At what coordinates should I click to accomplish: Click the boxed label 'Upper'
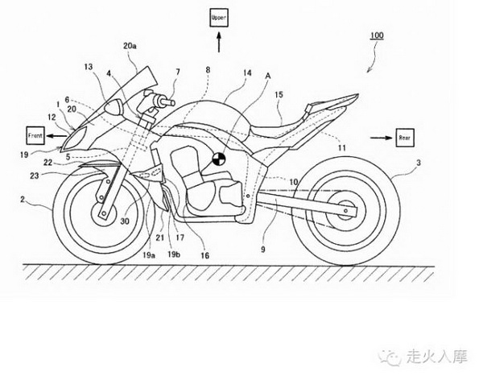pos(219,18)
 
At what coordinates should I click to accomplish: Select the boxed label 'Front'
pos(35,135)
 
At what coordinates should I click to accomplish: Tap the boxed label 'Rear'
pos(404,138)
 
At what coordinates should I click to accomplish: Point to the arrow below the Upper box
pos(219,42)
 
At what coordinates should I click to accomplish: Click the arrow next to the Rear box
pos(382,138)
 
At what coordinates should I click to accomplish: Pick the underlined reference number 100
pos(377,35)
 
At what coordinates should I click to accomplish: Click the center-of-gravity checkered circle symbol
pos(219,159)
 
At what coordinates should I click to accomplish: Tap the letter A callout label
pos(268,76)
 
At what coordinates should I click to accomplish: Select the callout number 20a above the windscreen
pos(130,46)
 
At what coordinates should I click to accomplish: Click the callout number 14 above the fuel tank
pos(247,72)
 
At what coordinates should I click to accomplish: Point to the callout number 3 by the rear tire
pos(419,163)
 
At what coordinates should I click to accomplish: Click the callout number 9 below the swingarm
pos(262,249)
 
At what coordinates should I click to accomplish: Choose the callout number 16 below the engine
pos(204,255)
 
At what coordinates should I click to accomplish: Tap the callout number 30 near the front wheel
pos(125,221)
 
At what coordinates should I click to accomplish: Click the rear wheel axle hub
pos(345,211)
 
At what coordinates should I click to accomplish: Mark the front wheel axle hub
pos(104,213)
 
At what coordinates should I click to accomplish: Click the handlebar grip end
pos(169,101)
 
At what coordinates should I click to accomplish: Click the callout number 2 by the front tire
pos(23,199)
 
